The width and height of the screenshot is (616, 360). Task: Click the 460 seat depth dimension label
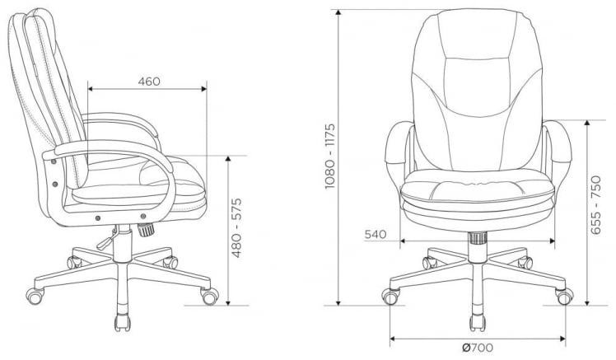(x=148, y=81)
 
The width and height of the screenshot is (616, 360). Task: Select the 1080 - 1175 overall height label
(x=329, y=157)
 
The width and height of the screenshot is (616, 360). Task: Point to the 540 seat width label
(x=376, y=235)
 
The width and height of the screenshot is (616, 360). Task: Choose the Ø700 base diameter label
(x=478, y=347)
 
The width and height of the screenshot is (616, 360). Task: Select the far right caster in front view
(x=564, y=294)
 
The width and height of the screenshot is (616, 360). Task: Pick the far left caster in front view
(x=391, y=294)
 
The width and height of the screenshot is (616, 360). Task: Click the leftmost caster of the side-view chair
(x=35, y=292)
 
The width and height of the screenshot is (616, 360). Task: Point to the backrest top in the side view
(x=33, y=16)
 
